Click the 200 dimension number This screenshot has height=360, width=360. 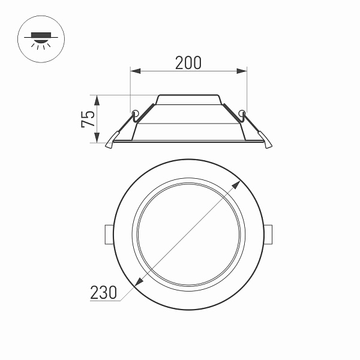pyautogui.click(x=188, y=62)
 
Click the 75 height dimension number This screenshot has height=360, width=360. pyautogui.click(x=88, y=119)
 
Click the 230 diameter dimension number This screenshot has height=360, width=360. pyautogui.click(x=103, y=292)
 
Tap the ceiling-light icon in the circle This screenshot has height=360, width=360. pyautogui.click(x=40, y=39)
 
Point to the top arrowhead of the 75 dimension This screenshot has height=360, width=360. pyautogui.click(x=97, y=98)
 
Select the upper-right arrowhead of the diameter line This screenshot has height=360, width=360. pyautogui.click(x=238, y=183)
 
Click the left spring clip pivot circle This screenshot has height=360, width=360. pyautogui.click(x=136, y=112)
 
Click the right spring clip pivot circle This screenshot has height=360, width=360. pyautogui.click(x=242, y=112)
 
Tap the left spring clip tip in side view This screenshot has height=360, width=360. pyautogui.click(x=109, y=144)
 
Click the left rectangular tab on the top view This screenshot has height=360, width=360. pyautogui.click(x=108, y=234)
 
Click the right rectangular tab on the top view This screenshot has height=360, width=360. pyautogui.click(x=269, y=234)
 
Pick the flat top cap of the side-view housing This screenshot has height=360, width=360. pyautogui.click(x=188, y=96)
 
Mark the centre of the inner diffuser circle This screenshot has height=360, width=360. pyautogui.click(x=188, y=234)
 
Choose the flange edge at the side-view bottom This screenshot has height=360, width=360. pyautogui.click(x=188, y=142)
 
